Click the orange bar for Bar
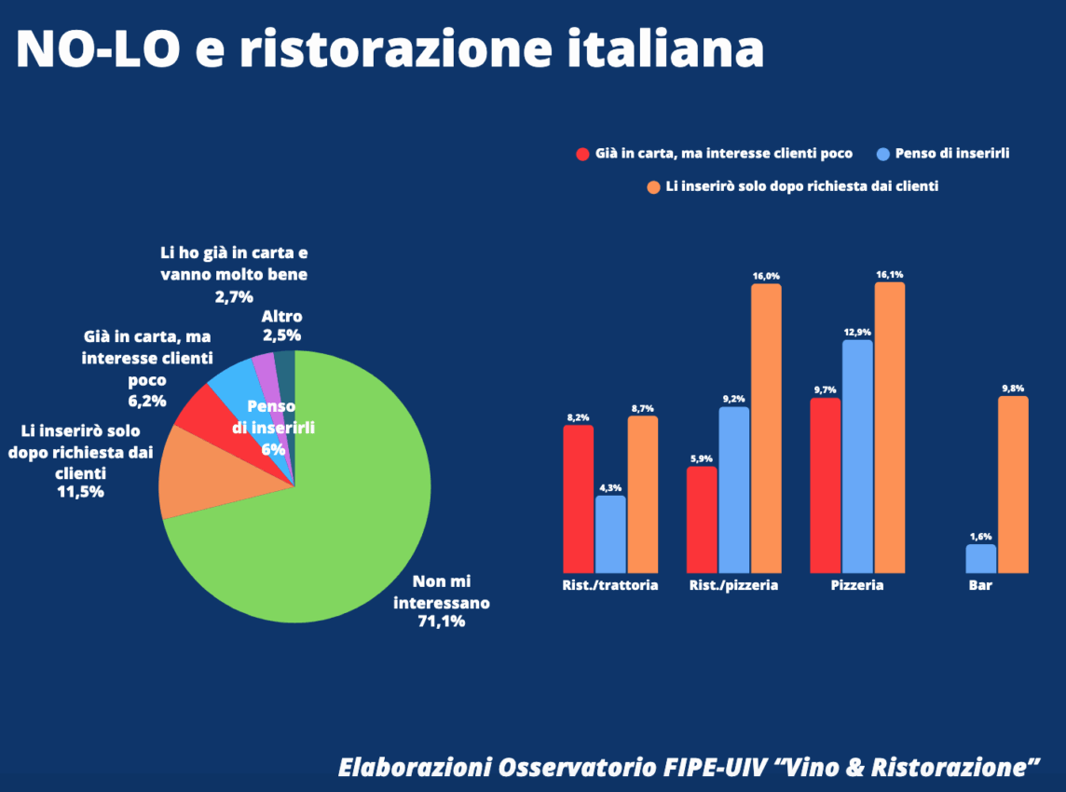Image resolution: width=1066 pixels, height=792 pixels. coord(1013,485)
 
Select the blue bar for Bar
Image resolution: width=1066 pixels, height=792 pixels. coord(981,559)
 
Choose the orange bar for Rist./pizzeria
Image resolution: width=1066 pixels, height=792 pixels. coord(766,429)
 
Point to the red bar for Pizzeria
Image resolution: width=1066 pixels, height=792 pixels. coord(826,485)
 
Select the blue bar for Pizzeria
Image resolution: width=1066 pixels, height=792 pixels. coord(857,457)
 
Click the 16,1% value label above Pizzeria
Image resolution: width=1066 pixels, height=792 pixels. coord(889,275)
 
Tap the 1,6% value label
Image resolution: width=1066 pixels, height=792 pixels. coord(981,537)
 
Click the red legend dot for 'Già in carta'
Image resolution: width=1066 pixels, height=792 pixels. coord(583,154)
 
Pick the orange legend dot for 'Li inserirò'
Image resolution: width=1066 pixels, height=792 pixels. coord(653,186)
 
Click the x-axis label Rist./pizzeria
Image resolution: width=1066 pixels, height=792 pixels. coord(733,586)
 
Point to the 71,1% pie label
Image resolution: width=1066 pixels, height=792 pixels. coord(442,621)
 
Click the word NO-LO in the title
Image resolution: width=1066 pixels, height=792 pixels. coord(97,49)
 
